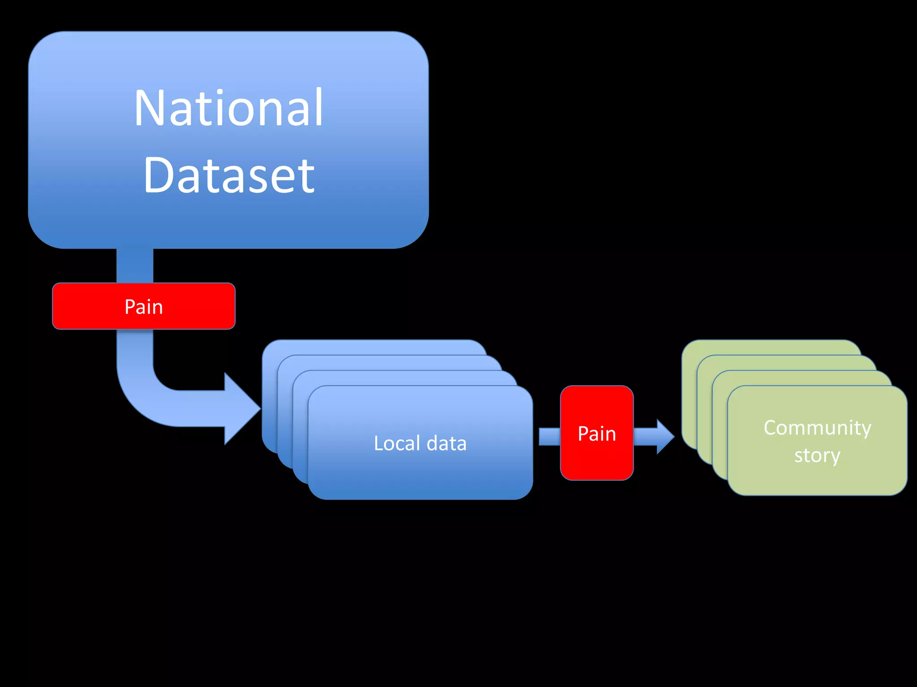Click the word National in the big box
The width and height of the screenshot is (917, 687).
228,108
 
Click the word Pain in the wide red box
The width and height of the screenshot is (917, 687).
144,307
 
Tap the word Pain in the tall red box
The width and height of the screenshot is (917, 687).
596,434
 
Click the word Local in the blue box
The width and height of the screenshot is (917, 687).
397,443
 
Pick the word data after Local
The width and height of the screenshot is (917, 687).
446,443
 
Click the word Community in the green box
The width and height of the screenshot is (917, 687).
817,428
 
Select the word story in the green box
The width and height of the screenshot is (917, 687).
817,456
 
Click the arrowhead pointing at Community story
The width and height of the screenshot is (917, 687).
664,437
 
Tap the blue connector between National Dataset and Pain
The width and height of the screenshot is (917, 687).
135,266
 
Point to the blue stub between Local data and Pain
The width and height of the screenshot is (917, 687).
549,437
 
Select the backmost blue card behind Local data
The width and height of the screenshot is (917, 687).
372,347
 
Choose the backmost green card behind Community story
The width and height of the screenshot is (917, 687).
770,347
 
